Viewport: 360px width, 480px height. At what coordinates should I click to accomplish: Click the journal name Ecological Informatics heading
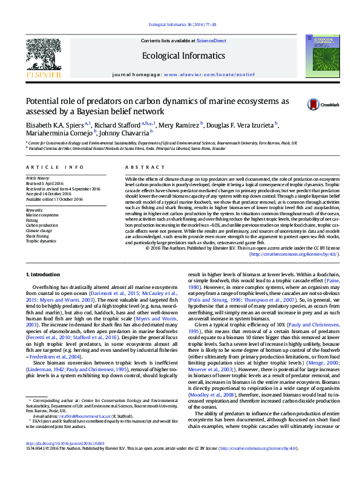(x=179, y=55)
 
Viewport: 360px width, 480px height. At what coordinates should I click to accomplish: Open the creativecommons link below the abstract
(x=293, y=254)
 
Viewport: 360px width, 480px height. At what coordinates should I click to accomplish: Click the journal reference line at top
(x=179, y=25)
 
